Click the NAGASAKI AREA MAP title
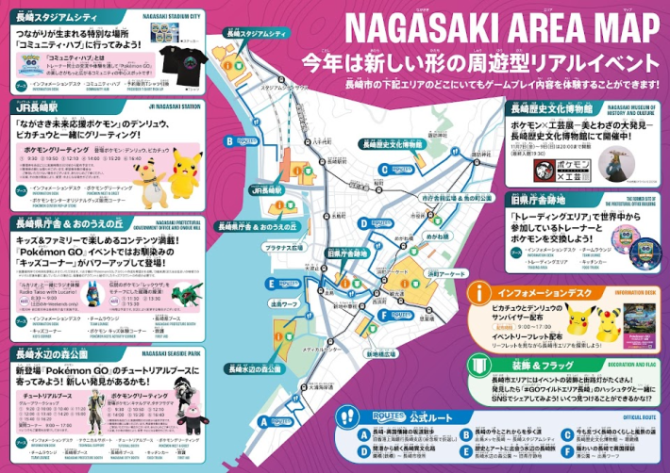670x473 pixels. point(481,25)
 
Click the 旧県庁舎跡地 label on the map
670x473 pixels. point(346,253)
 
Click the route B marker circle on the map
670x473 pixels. point(228,141)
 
